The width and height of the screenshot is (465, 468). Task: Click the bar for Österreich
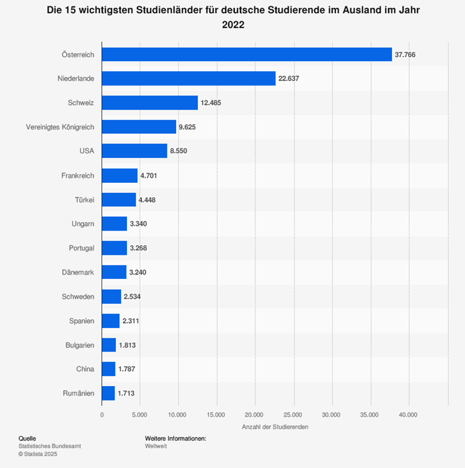click(247, 55)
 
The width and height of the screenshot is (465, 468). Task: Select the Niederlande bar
click(188, 79)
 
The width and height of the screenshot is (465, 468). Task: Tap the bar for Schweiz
click(149, 103)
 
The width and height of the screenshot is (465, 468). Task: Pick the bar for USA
click(135, 151)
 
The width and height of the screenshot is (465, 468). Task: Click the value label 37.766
click(405, 55)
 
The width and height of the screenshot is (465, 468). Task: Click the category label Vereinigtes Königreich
click(60, 127)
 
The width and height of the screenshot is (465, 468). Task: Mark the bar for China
click(108, 369)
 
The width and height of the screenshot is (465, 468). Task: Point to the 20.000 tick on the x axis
click(255, 414)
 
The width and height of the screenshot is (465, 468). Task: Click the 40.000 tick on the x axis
click(408, 414)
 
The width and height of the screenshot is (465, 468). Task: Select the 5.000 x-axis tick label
click(140, 414)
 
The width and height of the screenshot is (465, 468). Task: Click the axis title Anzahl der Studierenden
click(275, 426)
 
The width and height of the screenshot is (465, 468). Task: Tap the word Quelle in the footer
click(27, 438)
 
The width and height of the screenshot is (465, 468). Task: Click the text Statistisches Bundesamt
click(50, 446)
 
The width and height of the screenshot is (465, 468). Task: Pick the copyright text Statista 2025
click(41, 454)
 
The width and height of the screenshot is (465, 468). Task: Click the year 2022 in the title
click(232, 25)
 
